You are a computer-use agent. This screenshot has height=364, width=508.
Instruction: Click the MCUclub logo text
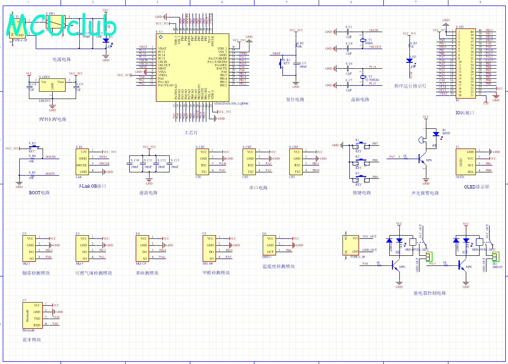(x=62, y=26)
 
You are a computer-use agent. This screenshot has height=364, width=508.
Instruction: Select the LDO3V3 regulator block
(x=52, y=85)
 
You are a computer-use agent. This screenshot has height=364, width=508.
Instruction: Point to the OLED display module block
(x=464, y=161)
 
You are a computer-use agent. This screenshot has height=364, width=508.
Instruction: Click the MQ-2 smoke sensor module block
(x=30, y=248)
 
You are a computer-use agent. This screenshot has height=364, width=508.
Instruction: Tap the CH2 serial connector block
(x=250, y=162)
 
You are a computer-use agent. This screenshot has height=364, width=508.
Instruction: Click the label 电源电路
(x=61, y=59)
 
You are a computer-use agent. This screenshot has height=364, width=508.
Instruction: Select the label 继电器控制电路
(x=429, y=293)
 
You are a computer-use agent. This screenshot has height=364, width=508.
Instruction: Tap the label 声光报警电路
(x=425, y=193)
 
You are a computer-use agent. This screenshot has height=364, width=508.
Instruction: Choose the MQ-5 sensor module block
(x=83, y=248)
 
